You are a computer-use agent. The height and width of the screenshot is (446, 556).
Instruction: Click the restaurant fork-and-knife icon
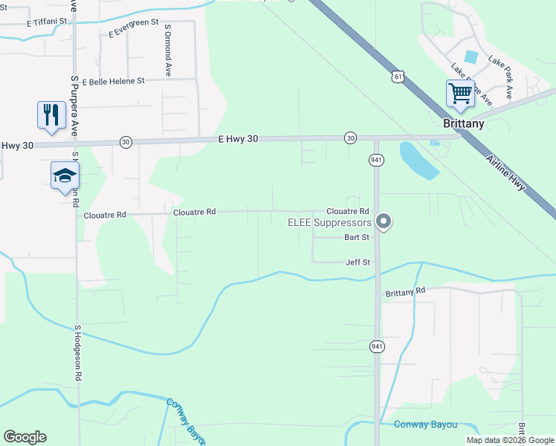point(51,114)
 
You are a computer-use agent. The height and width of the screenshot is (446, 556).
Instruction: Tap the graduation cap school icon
point(65,175)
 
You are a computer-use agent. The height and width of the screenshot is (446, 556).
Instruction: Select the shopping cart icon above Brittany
point(460,94)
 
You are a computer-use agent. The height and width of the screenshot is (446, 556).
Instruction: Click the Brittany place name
point(464,123)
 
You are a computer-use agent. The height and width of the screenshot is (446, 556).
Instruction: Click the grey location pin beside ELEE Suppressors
point(384,221)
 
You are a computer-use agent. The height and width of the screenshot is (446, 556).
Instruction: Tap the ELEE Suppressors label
point(329,222)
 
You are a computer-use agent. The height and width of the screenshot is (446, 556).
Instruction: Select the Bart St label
point(357,238)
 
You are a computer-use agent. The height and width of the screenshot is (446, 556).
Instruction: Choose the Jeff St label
point(358,262)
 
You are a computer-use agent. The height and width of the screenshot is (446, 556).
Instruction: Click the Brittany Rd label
point(404,293)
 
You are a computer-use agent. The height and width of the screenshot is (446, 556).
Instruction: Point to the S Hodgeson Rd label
point(77,353)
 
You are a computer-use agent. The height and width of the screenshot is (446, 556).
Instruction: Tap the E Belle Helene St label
point(114,81)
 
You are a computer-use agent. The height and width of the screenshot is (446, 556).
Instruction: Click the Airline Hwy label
point(505,175)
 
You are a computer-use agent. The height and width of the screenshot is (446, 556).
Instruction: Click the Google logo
point(25,437)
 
